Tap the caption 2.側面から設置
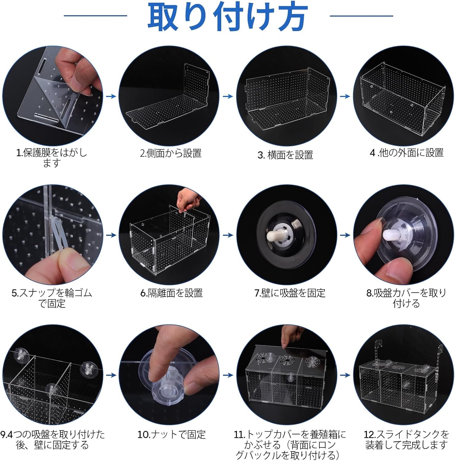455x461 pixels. [171, 153]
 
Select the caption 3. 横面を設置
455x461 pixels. [285, 155]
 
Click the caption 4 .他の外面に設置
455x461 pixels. [407, 153]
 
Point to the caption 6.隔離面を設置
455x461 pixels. [171, 293]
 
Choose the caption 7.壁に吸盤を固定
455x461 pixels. [290, 293]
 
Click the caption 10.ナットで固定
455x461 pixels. [171, 434]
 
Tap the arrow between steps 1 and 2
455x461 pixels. [111, 97]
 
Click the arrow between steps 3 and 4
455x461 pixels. [345, 97]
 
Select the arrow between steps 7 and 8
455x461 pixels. [345, 235]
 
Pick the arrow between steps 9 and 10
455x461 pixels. [111, 375]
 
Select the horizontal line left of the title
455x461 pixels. [95, 16]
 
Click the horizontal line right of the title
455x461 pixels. [361, 16]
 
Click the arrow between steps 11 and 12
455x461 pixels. [345, 375]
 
